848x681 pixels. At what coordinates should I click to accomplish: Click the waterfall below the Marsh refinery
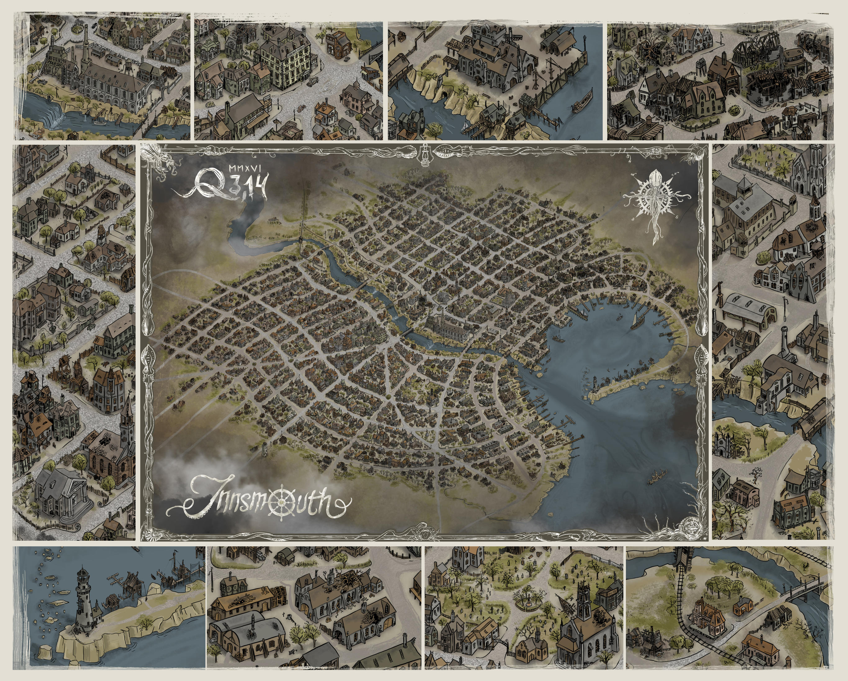click(55, 115)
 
